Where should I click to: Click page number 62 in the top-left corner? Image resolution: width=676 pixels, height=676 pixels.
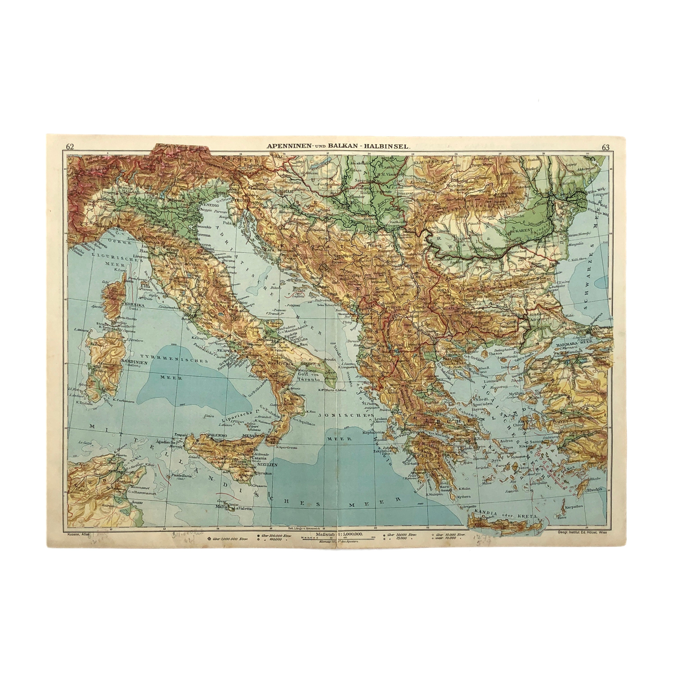(x=70, y=147)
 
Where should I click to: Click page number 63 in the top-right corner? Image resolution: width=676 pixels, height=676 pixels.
(x=605, y=147)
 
